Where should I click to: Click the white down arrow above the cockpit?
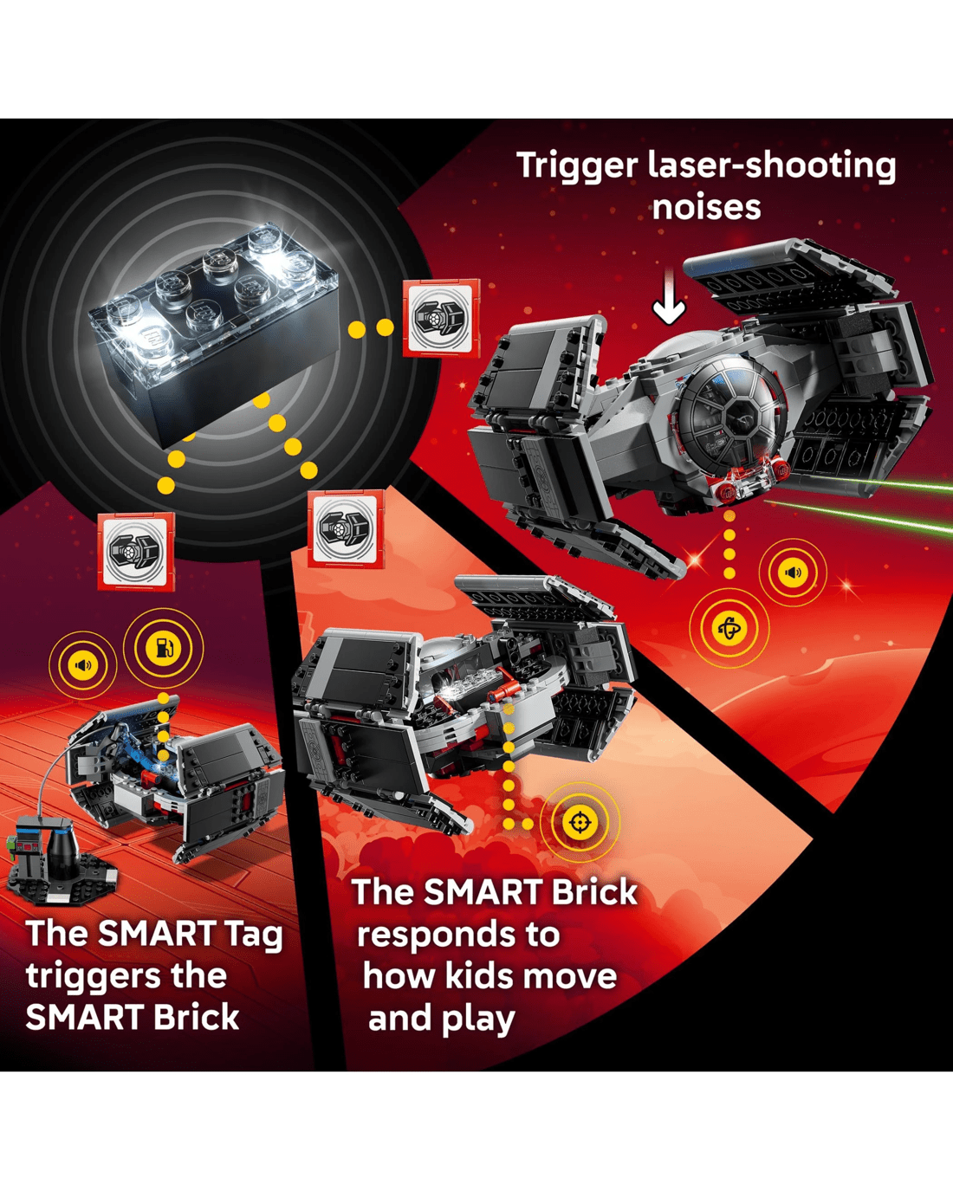(x=669, y=296)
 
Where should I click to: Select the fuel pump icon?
(x=163, y=648)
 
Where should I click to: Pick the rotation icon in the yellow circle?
(x=729, y=628)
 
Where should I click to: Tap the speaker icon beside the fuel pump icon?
(x=83, y=664)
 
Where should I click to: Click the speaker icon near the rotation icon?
(x=793, y=572)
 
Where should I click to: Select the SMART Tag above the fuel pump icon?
(x=136, y=552)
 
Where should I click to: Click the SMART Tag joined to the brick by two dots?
(x=441, y=318)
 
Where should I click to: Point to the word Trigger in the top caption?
(x=577, y=166)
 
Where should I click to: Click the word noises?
(x=706, y=208)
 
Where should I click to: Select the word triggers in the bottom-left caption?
(x=126, y=977)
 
